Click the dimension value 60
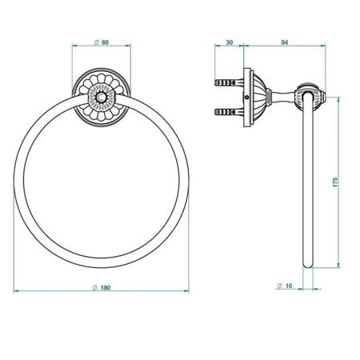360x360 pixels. point(106,42)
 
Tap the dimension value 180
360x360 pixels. point(106,288)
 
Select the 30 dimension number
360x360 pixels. point(230,42)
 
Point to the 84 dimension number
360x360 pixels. point(285,42)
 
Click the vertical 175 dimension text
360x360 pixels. point(335,182)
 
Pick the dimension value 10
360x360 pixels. point(289,286)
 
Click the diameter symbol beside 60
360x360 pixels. point(97,42)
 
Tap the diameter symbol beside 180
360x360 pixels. point(94,288)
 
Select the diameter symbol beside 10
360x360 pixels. point(279,286)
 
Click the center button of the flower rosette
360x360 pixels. point(101,98)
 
